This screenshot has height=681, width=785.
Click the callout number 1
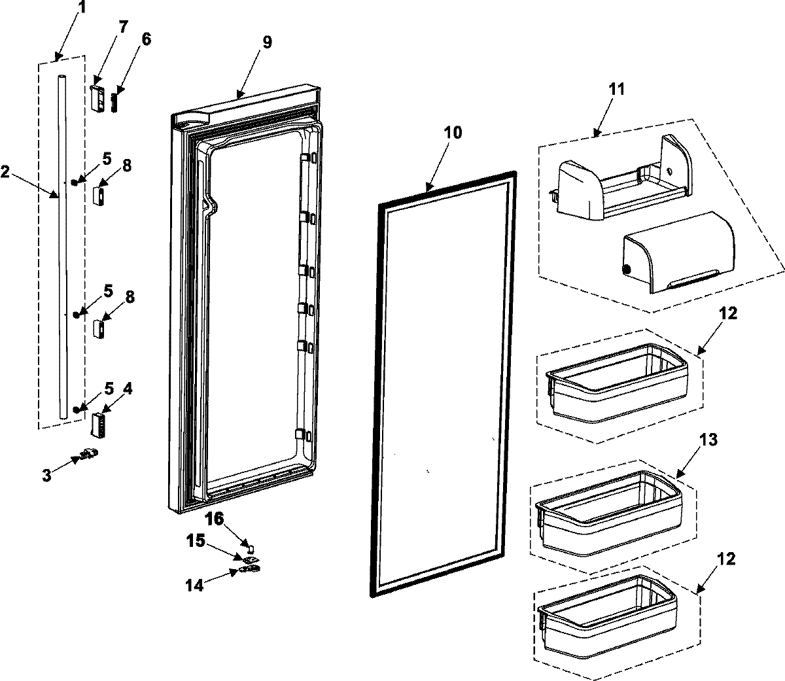point(81,9)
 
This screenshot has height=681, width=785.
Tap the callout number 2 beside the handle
point(6,171)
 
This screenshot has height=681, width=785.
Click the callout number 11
point(616,90)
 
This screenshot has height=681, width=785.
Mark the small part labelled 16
point(249,545)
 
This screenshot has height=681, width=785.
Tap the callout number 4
point(128,389)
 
